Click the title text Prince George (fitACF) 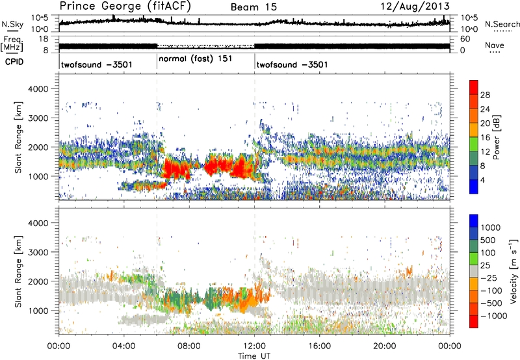coord(120,6)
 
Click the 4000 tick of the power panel coord(45,88)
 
